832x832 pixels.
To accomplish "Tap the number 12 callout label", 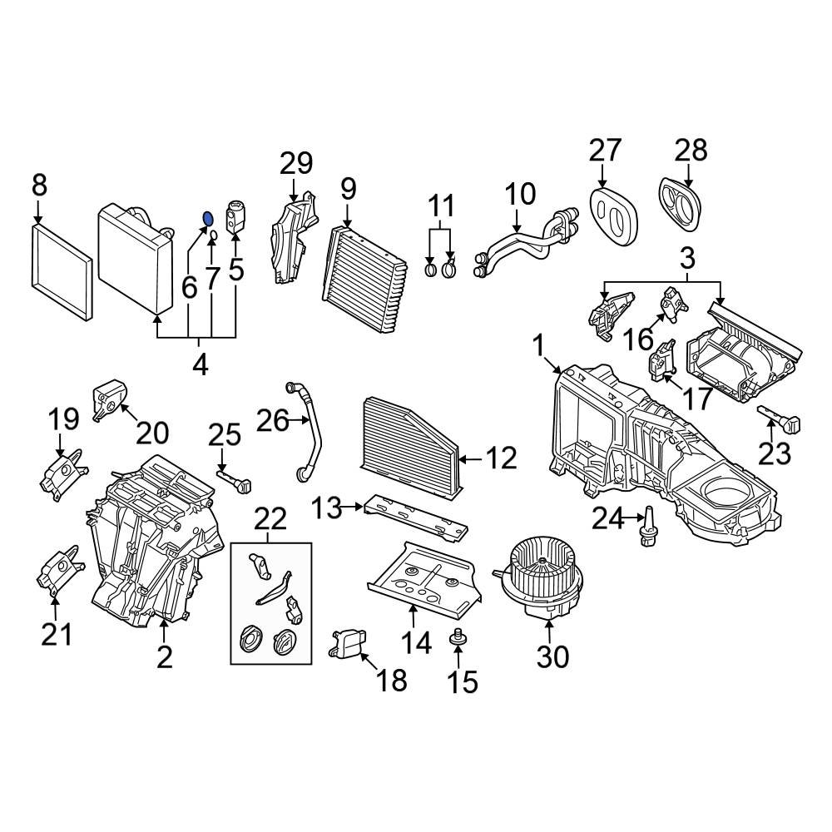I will tap(502, 458).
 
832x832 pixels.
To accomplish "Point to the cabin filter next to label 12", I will tap(410, 448).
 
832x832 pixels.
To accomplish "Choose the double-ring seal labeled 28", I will tap(681, 203).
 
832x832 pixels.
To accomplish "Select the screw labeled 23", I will tap(780, 419).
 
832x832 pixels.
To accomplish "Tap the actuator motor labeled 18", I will tap(349, 646).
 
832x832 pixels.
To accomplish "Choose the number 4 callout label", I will tap(200, 364).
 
